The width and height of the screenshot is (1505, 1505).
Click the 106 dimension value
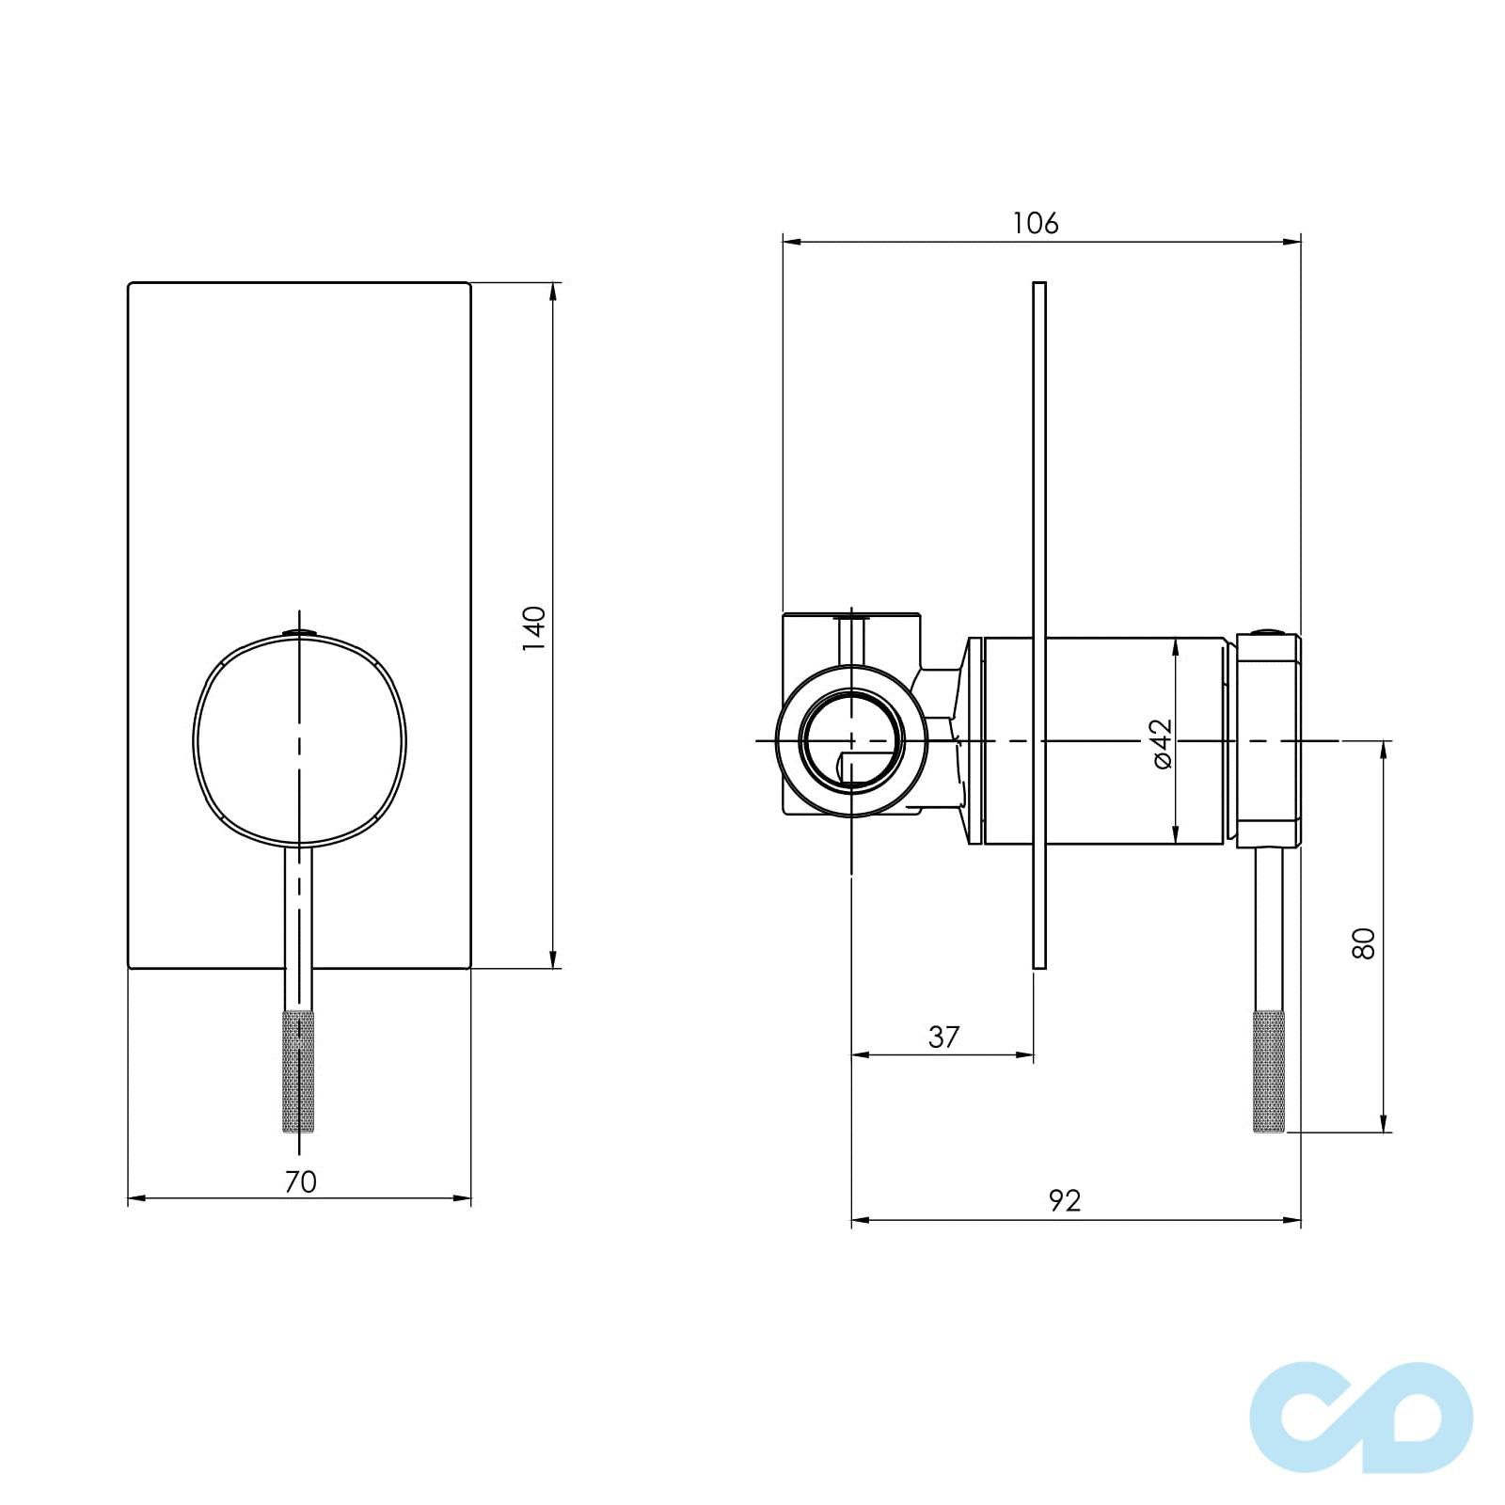coord(1036,224)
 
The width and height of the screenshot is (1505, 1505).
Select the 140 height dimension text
coord(533,629)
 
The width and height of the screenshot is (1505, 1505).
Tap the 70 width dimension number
coord(301,1181)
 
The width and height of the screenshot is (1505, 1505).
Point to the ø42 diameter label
coord(1162,743)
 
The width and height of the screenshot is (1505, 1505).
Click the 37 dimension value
coord(943,1037)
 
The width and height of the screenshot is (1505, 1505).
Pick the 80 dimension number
coord(1363,943)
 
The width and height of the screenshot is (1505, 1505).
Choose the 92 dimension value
coord(1065,1200)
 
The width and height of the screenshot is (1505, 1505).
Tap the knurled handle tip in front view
coord(298,1071)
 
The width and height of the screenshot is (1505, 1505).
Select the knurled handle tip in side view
coord(1270,1071)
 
